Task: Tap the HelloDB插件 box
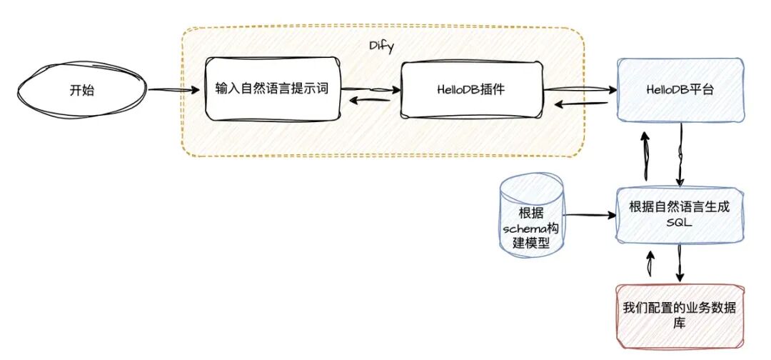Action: tap(471, 90)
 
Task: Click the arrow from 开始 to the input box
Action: tap(175, 90)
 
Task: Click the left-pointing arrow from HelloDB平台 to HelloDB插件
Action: tap(582, 104)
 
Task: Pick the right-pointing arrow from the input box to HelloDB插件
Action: tap(369, 89)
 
